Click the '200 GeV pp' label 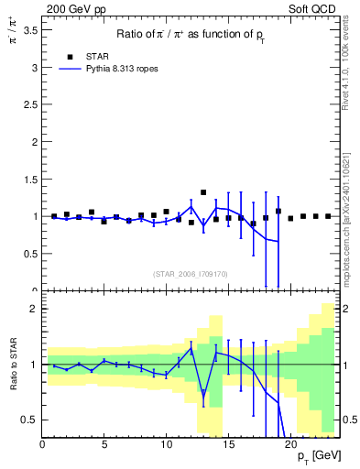71,7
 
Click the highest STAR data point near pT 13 203,192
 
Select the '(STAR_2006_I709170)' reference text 191,273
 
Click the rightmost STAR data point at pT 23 328,216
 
